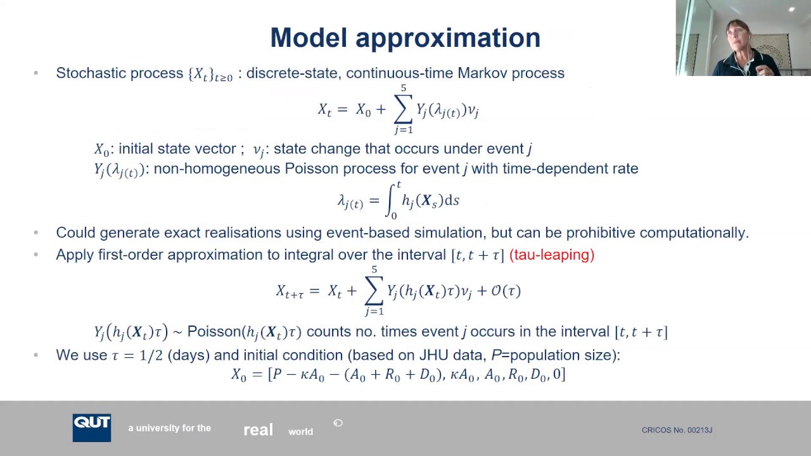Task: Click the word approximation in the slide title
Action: pyautogui.click(x=447, y=38)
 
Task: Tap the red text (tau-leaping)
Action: pyautogui.click(x=551, y=255)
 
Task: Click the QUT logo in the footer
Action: pyautogui.click(x=92, y=427)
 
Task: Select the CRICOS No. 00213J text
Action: pyautogui.click(x=677, y=430)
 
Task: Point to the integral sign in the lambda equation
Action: pyautogui.click(x=393, y=201)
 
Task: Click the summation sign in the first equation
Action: pyautogui.click(x=403, y=110)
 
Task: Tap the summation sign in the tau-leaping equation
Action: pyautogui.click(x=374, y=291)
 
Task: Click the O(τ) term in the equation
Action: pyautogui.click(x=506, y=291)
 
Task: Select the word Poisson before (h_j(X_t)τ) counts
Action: pyautogui.click(x=214, y=332)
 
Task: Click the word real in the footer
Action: pyautogui.click(x=258, y=430)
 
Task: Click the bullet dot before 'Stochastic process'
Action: pyautogui.click(x=35, y=73)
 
